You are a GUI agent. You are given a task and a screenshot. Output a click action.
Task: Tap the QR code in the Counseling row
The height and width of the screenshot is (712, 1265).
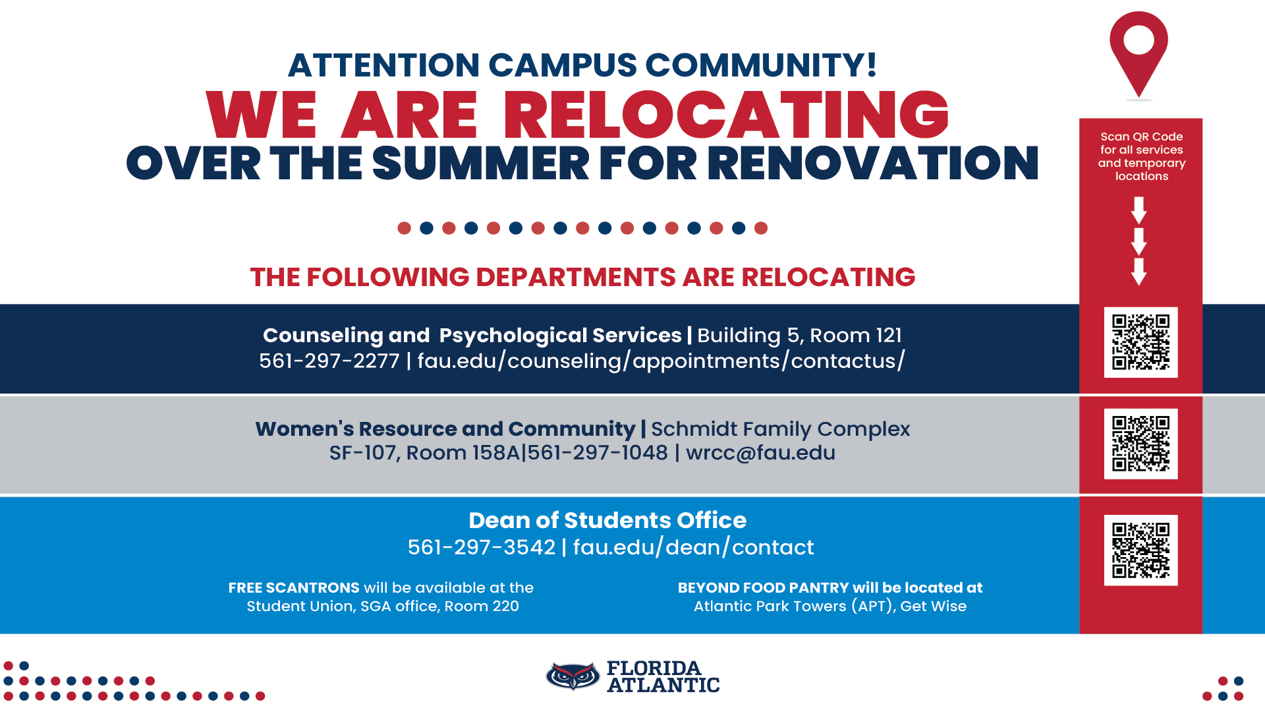(x=1140, y=342)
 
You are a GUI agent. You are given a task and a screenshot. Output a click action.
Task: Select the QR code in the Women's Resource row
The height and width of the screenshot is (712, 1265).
(x=1140, y=444)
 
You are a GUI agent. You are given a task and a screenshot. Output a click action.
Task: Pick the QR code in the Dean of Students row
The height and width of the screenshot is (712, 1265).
(x=1140, y=550)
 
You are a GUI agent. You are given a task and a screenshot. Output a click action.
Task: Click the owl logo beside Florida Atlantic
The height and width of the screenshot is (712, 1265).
(x=573, y=676)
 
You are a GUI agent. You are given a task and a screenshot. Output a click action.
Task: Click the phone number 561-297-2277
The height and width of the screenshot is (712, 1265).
(x=329, y=361)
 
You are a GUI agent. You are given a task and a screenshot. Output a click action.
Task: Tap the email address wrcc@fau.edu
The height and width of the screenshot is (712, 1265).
(x=760, y=453)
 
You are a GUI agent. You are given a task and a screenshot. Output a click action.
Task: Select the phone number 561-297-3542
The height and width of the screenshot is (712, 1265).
(x=482, y=547)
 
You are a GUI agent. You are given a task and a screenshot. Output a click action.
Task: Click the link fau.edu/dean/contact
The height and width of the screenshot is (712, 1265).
(x=694, y=547)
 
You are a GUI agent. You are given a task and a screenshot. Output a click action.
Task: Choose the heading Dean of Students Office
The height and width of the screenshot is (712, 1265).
(x=607, y=520)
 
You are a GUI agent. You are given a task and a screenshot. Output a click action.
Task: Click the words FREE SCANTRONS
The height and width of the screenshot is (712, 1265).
(x=294, y=587)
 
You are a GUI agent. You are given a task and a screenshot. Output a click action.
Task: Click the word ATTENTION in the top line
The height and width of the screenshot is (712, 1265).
(x=384, y=65)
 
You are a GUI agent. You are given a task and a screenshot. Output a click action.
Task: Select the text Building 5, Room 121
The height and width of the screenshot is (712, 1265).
(x=800, y=336)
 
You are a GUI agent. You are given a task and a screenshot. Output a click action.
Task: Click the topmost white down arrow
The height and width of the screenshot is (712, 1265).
(x=1139, y=210)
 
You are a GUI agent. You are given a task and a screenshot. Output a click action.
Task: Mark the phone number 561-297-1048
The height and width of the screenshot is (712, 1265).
(x=598, y=453)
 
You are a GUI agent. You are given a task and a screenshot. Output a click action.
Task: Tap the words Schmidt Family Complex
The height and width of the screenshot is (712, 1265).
(x=781, y=429)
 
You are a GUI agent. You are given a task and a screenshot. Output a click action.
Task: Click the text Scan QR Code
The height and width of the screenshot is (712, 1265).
(x=1142, y=136)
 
